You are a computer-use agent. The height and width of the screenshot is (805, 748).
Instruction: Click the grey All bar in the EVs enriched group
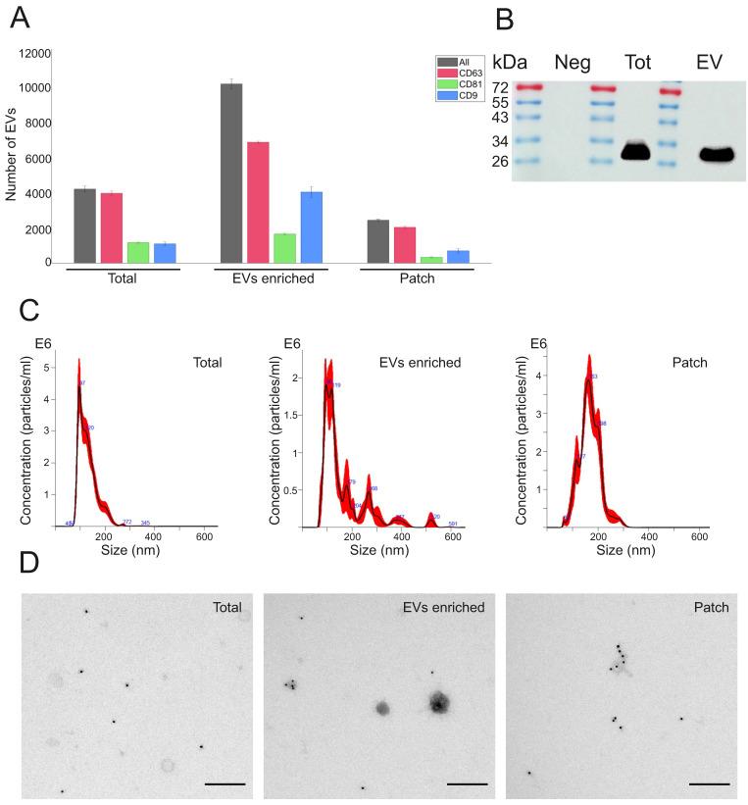tap(231, 174)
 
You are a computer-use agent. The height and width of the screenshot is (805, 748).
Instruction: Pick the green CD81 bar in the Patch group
tap(431, 260)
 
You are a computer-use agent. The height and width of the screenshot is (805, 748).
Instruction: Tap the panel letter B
tap(504, 19)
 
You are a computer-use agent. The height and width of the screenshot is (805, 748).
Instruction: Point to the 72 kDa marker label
tap(502, 87)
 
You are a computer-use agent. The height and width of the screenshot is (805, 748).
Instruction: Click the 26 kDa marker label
tap(502, 161)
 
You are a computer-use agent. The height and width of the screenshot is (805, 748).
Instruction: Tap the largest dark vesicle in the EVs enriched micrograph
tap(438, 701)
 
